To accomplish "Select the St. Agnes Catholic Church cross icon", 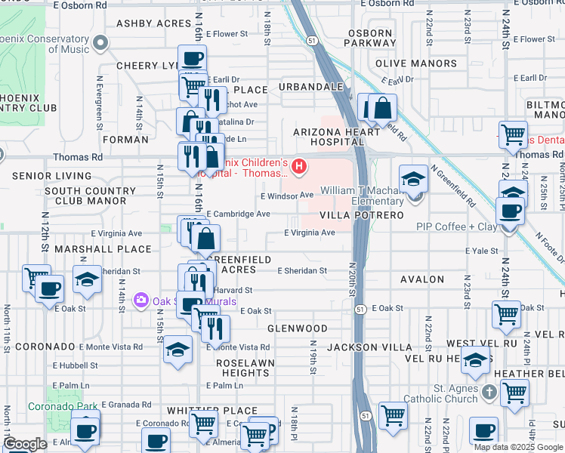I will click(490, 392).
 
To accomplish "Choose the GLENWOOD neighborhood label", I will click(298, 328).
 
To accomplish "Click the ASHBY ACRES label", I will click(153, 23).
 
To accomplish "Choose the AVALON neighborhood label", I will click(422, 279).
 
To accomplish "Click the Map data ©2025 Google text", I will click(519, 447).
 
